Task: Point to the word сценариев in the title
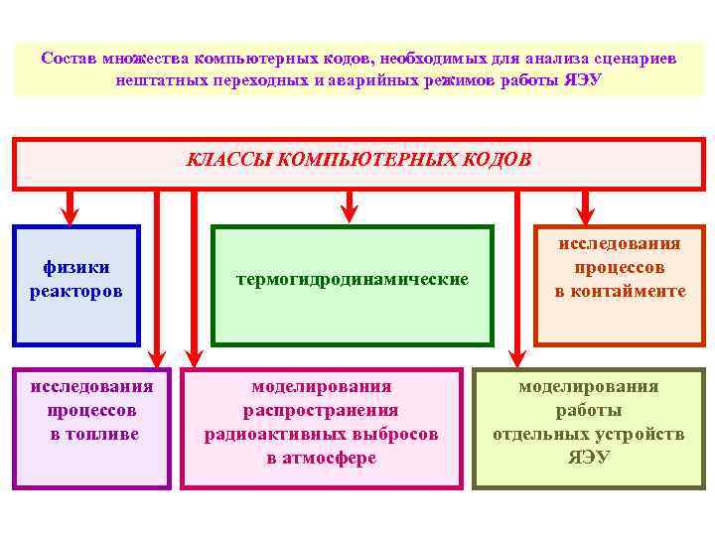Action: [629, 59]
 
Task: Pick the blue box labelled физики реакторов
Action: [76, 284]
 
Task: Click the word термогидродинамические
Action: [353, 280]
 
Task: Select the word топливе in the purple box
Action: [91, 434]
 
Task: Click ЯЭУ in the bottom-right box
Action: [589, 458]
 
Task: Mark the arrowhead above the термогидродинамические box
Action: [349, 211]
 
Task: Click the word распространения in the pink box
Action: [321, 410]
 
